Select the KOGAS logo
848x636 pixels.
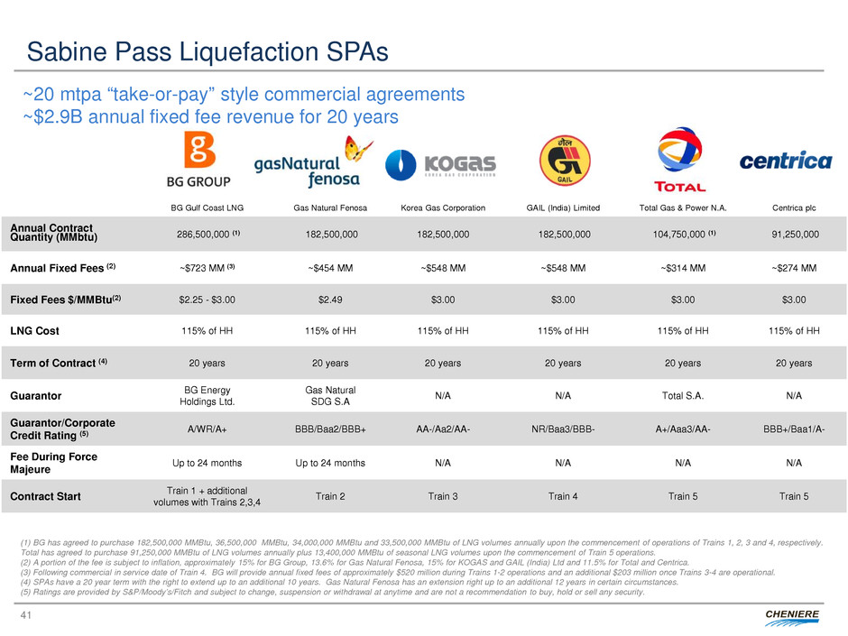click(441, 165)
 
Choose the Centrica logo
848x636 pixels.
click(785, 161)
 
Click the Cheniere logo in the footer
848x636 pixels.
click(792, 615)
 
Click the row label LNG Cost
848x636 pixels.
click(35, 330)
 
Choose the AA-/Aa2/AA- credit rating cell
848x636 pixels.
click(441, 429)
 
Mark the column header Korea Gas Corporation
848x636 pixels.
click(441, 207)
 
